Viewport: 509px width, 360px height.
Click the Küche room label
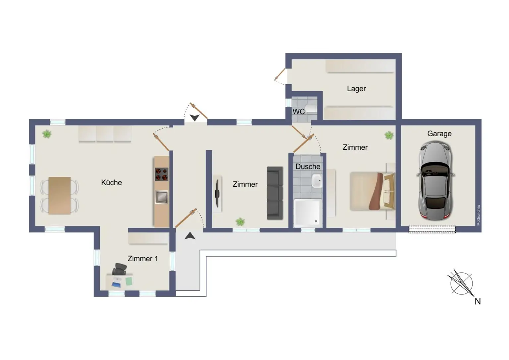tap(111, 182)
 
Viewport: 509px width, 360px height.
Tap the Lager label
tap(356, 89)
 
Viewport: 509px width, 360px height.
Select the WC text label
tap(299, 112)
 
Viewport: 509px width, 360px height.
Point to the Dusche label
tap(308, 167)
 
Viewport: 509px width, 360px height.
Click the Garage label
tap(439, 134)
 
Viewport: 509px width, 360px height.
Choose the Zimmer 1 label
tap(142, 259)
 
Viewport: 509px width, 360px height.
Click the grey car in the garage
tap(435, 181)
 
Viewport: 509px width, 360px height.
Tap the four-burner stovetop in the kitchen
tap(162, 174)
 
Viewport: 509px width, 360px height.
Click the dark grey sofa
tap(275, 193)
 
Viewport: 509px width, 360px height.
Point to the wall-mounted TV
tap(217, 194)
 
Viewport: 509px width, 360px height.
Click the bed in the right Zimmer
tap(372, 191)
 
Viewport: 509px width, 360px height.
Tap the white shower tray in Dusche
tap(308, 213)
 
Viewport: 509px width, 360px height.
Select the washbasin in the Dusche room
tap(317, 181)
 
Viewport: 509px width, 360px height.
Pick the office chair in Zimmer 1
tap(120, 269)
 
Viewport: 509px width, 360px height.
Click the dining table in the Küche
tap(60, 196)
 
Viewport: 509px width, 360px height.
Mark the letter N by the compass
tap(478, 301)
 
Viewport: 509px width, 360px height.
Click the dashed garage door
tap(432, 229)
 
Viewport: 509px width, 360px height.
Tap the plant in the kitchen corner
tap(47, 134)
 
